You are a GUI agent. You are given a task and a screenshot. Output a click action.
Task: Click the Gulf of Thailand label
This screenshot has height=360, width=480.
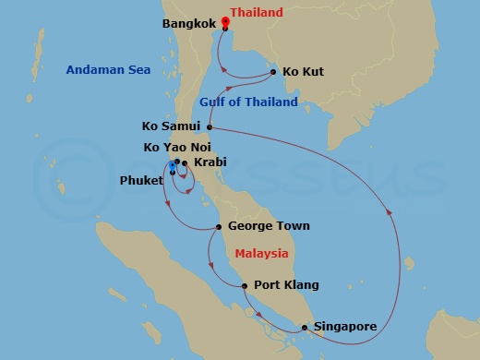pos(248,102)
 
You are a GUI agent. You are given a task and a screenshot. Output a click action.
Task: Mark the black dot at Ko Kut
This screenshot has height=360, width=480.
pos(274,71)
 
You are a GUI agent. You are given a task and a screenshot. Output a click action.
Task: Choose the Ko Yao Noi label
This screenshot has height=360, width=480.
pos(181,147)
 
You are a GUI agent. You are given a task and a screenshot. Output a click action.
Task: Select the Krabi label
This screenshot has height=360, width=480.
pos(210,163)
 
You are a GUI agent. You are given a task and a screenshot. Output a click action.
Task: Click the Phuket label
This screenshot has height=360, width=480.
pos(141,182)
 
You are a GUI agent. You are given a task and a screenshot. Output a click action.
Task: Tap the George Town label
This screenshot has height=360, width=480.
pos(268,226)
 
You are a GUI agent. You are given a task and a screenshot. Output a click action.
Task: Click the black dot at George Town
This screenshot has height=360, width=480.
pos(218,226)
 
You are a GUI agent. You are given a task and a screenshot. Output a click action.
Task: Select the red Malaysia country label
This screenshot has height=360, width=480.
pos(261,253)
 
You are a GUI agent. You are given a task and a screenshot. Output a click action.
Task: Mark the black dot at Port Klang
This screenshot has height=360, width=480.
pos(245,286)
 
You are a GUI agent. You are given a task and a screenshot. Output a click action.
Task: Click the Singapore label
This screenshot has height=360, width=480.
pos(346,327)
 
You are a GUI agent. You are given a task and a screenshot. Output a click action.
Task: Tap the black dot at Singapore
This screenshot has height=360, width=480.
pos(304,328)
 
